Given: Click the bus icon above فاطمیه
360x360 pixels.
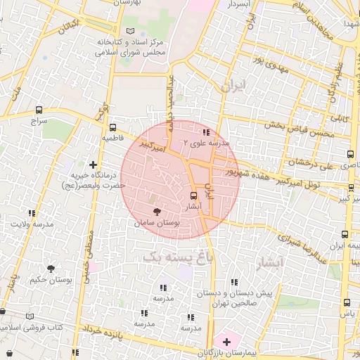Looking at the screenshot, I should point(112,128).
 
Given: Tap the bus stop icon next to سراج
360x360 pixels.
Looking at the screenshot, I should point(38,110).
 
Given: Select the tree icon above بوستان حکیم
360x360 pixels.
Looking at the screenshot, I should point(51,269).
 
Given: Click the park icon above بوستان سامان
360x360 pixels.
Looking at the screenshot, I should point(157,211).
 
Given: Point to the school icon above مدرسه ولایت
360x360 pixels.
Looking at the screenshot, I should point(32,213).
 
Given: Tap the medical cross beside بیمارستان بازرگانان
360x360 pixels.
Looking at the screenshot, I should point(226,341).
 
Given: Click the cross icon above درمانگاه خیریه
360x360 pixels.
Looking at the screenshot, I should point(92,165).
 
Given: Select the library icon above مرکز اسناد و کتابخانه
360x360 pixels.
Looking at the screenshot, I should point(129,32).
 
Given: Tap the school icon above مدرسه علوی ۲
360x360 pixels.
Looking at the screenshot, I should point(206,131).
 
